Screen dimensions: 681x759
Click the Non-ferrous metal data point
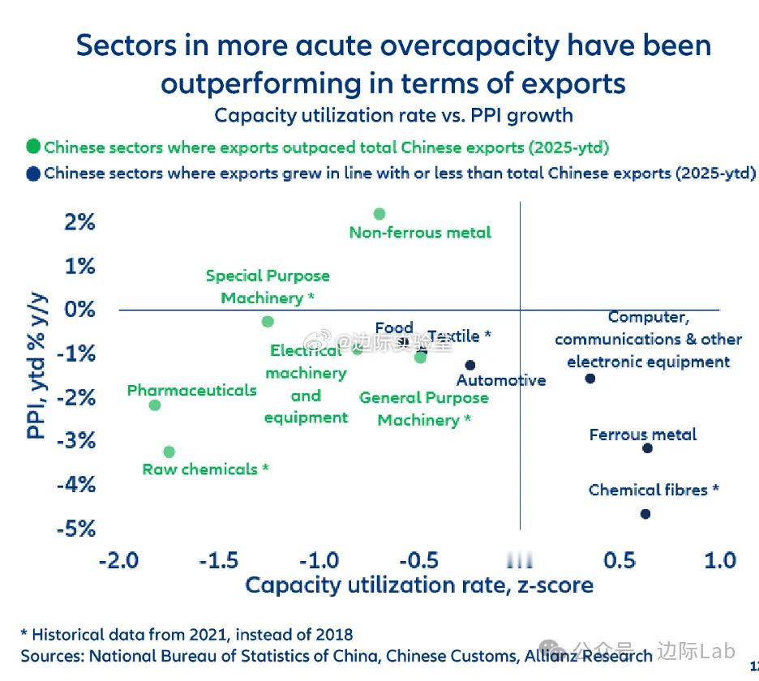(x=379, y=214)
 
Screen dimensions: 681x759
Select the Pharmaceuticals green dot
(x=155, y=405)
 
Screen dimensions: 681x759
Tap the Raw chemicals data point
(x=169, y=452)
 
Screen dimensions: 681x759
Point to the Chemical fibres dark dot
(x=645, y=514)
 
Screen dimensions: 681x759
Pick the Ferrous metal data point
(x=647, y=448)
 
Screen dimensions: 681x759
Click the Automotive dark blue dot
(x=470, y=365)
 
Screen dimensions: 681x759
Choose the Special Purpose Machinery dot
(x=268, y=322)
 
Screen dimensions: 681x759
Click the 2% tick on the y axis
(x=79, y=221)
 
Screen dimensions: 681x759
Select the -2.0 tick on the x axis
(x=118, y=560)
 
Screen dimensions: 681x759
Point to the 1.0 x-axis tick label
(x=719, y=560)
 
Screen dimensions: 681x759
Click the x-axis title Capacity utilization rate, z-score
(x=418, y=585)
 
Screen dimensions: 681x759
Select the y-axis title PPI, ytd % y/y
(x=37, y=366)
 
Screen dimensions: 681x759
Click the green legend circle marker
(x=33, y=148)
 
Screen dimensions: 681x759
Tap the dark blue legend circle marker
(x=33, y=173)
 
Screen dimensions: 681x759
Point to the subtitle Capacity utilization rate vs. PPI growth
(x=393, y=115)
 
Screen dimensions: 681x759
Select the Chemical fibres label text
(x=654, y=490)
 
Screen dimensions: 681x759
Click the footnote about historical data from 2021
(x=187, y=634)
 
